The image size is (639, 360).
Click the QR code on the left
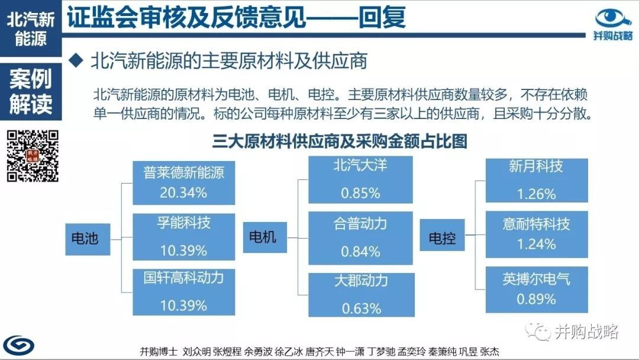pyautogui.click(x=33, y=156)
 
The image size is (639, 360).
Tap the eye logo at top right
pyautogui.click(x=613, y=19)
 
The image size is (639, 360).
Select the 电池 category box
pyautogui.click(x=88, y=239)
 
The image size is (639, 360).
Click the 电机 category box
pyautogui.click(x=265, y=237)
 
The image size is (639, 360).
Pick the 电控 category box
pyautogui.click(x=442, y=235)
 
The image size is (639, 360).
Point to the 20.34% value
pyautogui.click(x=183, y=192)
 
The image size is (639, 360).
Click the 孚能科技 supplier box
pyautogui.click(x=184, y=236)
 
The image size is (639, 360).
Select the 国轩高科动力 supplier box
pyautogui.click(x=184, y=292)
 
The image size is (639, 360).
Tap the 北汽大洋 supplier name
pyautogui.click(x=360, y=166)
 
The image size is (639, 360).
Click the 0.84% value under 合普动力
pyautogui.click(x=361, y=252)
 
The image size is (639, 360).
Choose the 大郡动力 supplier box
pyautogui.click(x=362, y=295)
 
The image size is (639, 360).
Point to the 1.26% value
pyautogui.click(x=536, y=194)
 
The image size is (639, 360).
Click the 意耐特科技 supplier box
pyautogui.click(x=537, y=234)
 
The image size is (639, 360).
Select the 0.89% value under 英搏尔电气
pyautogui.click(x=536, y=299)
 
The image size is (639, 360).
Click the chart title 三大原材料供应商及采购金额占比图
pyautogui.click(x=340, y=141)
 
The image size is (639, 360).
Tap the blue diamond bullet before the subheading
pyautogui.click(x=76, y=61)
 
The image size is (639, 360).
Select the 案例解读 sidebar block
pyautogui.click(x=31, y=92)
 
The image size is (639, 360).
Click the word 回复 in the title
pyautogui.click(x=382, y=17)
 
